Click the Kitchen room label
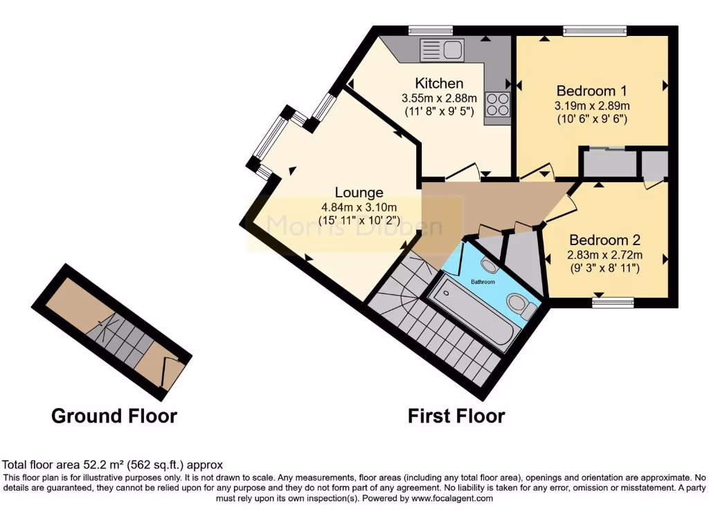tap(439, 83)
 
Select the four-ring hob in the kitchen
tap(497, 105)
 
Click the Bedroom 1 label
tap(591, 91)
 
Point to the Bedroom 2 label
tap(604, 240)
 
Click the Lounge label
tap(359, 192)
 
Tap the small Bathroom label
tap(483, 282)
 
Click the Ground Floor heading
tap(114, 416)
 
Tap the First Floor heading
tap(456, 416)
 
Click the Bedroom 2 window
tap(613, 301)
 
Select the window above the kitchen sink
tap(430, 30)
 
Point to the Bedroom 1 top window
tap(594, 30)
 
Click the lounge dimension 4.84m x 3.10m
tap(359, 207)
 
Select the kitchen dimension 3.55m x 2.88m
tap(439, 98)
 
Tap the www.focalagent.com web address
tap(451, 498)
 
